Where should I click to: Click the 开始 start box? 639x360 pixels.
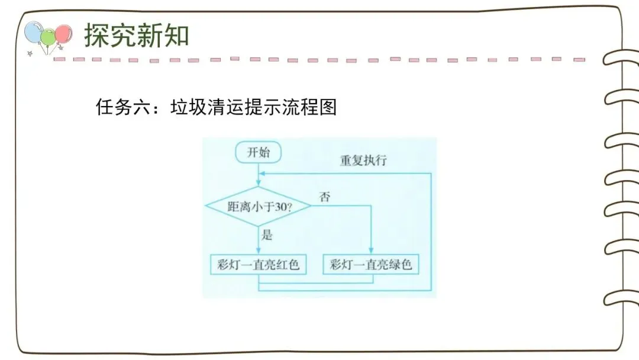(x=258, y=152)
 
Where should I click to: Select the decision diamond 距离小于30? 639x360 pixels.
(x=259, y=206)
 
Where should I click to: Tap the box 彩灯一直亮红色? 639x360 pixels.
(x=255, y=265)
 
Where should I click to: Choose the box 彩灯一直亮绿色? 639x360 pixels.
(x=371, y=265)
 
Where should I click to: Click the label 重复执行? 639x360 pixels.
(x=364, y=161)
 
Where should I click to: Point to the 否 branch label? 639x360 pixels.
(x=324, y=197)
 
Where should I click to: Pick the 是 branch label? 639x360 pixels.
(x=267, y=235)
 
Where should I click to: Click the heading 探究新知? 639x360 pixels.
(x=136, y=36)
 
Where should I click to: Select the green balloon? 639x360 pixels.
(x=48, y=37)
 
